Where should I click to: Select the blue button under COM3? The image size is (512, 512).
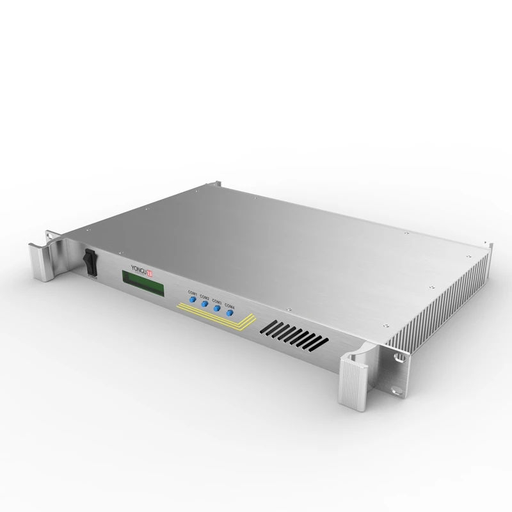pyautogui.click(x=217, y=308)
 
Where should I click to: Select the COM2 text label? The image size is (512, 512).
pyautogui.click(x=205, y=296)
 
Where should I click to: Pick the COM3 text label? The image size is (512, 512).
pyautogui.click(x=218, y=301)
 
